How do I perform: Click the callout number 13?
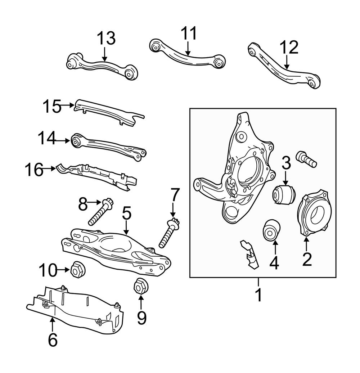click(x=105, y=38)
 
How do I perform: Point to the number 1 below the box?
click(x=258, y=295)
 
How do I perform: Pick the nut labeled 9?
click(x=140, y=286)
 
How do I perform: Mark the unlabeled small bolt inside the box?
click(x=306, y=159)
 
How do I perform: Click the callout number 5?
click(x=126, y=213)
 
